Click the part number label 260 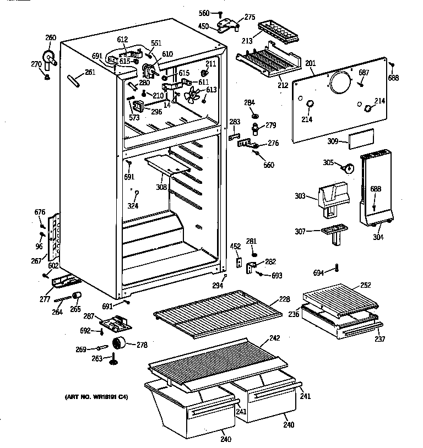tap(51, 37)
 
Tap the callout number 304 tap(378, 237)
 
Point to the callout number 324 tap(132, 206)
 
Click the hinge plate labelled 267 tap(54, 237)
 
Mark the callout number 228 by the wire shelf tap(284, 299)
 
